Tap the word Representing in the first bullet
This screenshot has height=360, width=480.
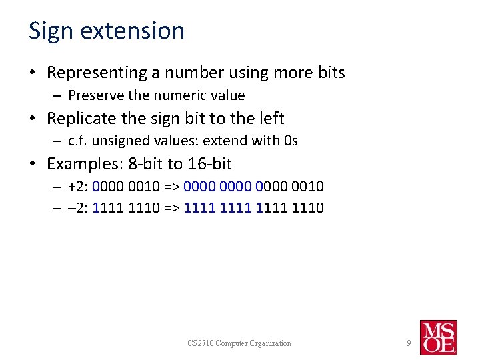coord(99,73)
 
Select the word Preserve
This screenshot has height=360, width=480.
coord(93,95)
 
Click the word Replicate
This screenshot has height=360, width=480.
coord(82,119)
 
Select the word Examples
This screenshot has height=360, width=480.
coord(81,164)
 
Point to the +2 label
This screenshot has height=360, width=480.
coord(78,187)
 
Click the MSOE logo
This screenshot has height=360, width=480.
coord(438,337)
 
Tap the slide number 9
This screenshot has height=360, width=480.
coord(409,343)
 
